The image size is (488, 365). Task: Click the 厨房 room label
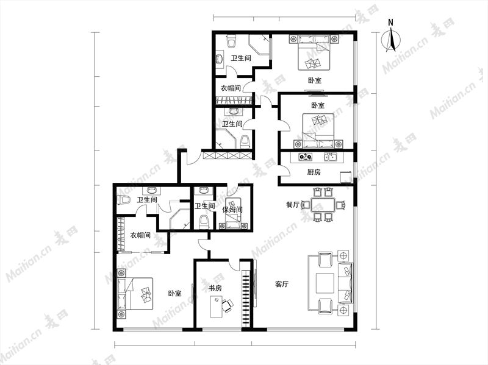click(314, 172)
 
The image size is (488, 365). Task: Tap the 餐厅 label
click(293, 205)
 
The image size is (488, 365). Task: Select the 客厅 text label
click(282, 284)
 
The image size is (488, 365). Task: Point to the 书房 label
click(215, 288)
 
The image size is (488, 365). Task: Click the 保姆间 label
click(232, 210)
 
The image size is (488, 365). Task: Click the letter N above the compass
click(390, 23)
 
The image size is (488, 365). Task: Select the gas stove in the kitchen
click(306, 157)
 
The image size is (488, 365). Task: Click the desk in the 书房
click(216, 307)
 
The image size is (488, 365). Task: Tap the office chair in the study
click(227, 305)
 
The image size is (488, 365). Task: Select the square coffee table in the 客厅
click(325, 283)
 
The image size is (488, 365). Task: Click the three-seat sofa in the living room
click(345, 283)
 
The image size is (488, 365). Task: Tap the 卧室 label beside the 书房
click(174, 294)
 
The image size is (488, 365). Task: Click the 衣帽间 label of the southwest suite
click(140, 235)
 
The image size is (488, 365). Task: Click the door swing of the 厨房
click(285, 171)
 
